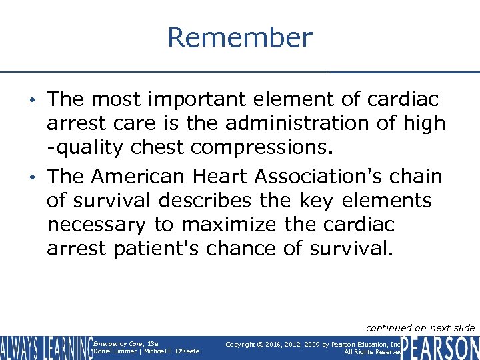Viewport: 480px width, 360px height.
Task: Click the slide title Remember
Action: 239,37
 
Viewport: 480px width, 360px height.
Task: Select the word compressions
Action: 275,147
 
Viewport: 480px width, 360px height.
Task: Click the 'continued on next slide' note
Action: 420,327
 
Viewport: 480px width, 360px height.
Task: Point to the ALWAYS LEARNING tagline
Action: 45,348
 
